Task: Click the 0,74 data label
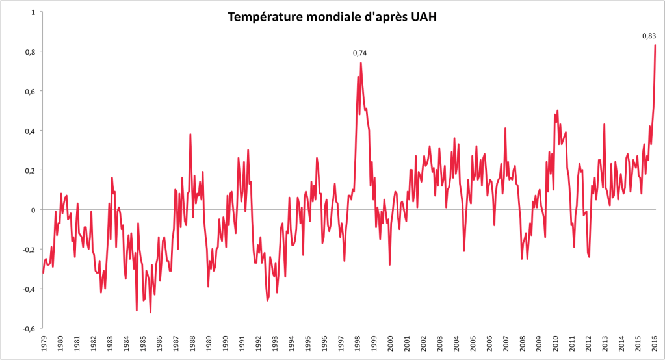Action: (360, 53)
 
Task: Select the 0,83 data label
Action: (649, 36)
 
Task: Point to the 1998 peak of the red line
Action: (361, 63)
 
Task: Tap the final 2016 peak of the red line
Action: (655, 45)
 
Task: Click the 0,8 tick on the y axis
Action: (30, 51)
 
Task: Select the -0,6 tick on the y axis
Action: (29, 329)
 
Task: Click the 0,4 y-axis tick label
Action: (30, 131)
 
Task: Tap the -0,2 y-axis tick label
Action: (29, 250)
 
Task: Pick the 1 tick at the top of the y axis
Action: (33, 12)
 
